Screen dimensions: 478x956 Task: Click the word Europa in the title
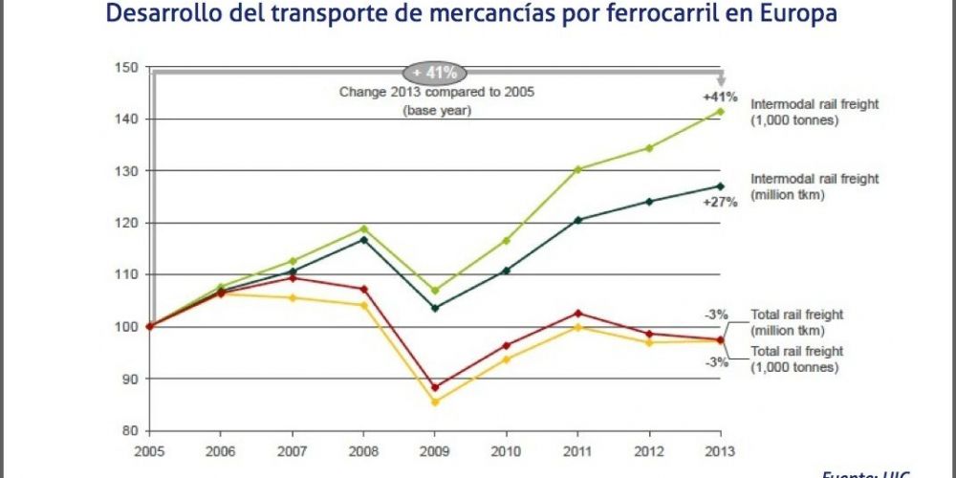click(788, 15)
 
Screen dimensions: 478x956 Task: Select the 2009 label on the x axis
click(435, 449)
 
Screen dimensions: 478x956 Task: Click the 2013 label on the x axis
click(720, 449)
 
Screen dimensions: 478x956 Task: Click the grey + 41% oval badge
click(435, 72)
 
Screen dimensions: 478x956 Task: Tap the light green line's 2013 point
click(721, 112)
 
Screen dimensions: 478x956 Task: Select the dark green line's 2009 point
click(436, 308)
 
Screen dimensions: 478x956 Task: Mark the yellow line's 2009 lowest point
click(436, 402)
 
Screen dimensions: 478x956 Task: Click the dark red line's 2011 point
click(577, 314)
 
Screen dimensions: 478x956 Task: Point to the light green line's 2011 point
click(577, 169)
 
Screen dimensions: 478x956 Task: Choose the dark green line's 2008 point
click(364, 239)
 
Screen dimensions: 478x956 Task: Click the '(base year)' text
click(436, 110)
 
